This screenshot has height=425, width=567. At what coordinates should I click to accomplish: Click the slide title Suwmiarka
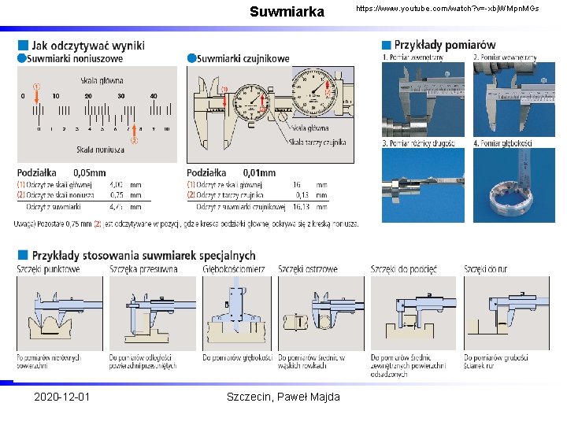287,12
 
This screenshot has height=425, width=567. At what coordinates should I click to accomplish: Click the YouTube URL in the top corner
447,8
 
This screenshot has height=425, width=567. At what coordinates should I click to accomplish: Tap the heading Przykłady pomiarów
445,45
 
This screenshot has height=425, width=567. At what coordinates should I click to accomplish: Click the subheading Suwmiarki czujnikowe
243,58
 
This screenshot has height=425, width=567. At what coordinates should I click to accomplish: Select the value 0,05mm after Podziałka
89,172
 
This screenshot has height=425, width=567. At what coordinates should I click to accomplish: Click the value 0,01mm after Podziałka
259,172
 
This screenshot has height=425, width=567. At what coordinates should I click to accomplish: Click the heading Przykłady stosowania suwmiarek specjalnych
143,255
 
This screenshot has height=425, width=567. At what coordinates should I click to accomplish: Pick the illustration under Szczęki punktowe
60,312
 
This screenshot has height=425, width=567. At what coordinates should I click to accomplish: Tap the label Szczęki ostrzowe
308,269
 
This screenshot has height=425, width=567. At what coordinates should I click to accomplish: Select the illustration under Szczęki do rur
506,312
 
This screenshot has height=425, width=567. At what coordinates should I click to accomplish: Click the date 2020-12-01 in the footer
62,397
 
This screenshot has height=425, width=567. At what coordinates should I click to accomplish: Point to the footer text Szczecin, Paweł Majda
283,397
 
